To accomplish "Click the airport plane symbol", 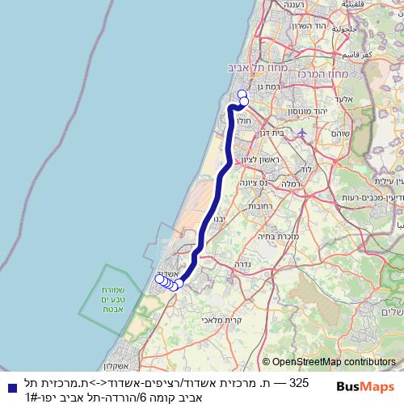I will coord(302,132).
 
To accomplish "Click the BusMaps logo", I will coord(365,387).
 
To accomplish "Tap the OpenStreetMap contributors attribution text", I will coord(330,363).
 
